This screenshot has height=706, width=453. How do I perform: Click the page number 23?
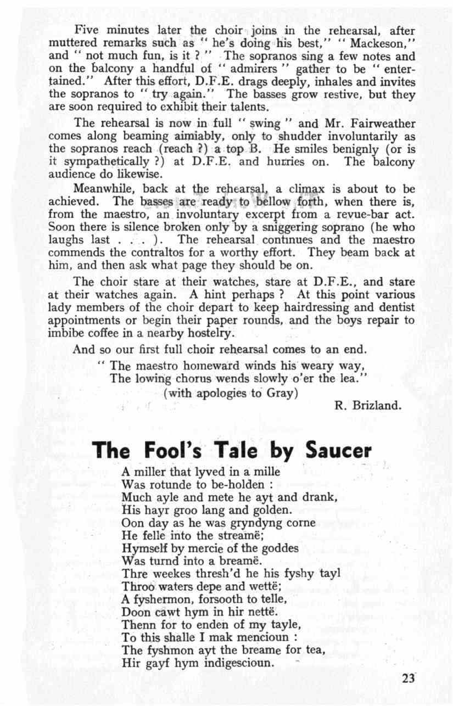tap(409, 677)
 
